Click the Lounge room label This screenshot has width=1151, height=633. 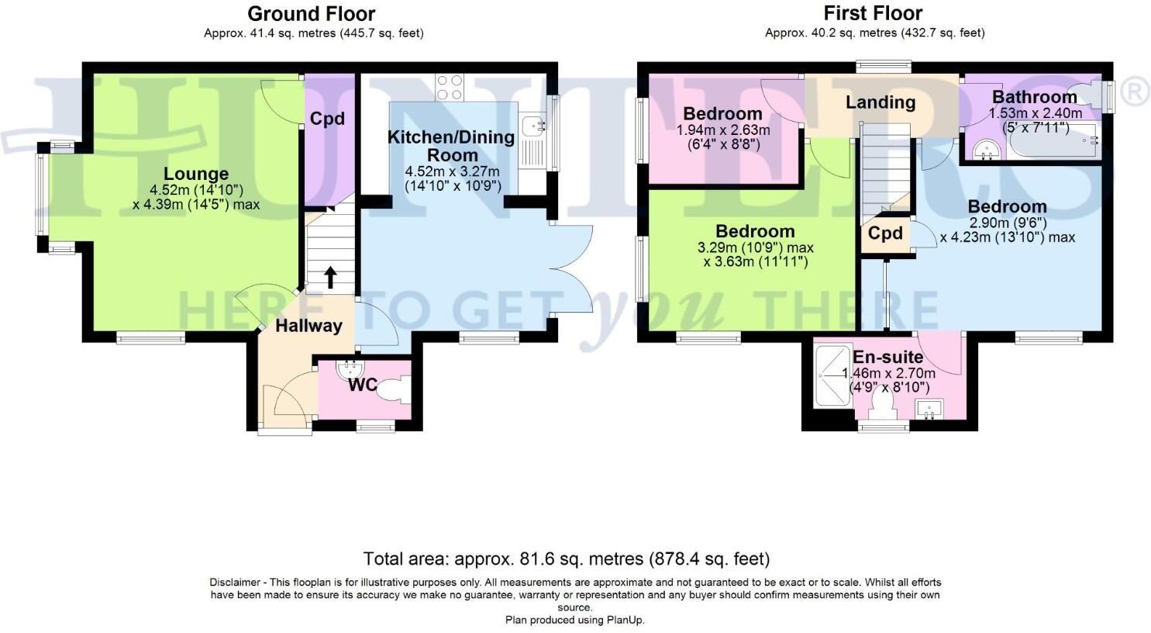(x=196, y=174)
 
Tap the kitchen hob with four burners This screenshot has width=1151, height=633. (x=450, y=87)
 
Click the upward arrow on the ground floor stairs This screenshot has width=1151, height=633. (x=330, y=276)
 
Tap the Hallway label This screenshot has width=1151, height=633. (x=308, y=326)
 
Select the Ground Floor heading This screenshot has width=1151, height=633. (x=311, y=14)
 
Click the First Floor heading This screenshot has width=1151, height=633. (x=873, y=14)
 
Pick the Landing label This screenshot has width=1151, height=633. (x=880, y=102)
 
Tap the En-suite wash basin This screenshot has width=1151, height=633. (x=927, y=407)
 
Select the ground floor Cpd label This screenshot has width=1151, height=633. (x=327, y=119)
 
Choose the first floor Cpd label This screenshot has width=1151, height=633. (x=884, y=233)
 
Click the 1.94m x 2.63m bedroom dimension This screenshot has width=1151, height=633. (x=723, y=130)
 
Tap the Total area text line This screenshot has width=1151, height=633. (x=567, y=559)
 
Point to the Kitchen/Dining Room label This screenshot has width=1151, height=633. (x=451, y=146)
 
